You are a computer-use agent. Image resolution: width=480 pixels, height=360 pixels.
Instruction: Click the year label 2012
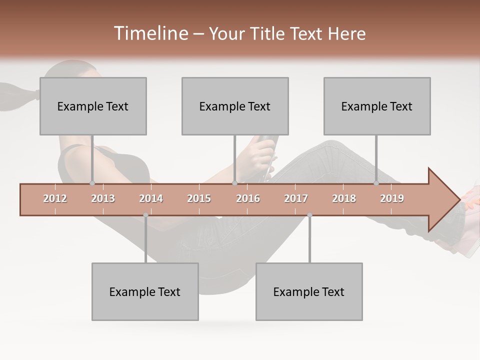point(55,198)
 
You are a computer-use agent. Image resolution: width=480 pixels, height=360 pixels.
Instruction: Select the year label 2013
point(103,198)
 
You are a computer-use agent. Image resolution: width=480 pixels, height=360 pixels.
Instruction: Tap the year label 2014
point(151,198)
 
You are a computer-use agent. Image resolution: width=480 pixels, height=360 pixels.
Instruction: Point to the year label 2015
point(199,198)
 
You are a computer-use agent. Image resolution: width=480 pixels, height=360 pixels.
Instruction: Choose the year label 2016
point(248,198)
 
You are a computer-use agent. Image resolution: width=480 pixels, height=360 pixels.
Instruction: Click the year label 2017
point(296,198)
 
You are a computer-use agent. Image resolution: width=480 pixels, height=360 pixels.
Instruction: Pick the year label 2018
point(344,198)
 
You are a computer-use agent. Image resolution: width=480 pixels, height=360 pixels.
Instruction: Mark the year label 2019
point(392,198)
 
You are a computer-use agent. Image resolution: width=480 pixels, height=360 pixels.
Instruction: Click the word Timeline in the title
point(150,33)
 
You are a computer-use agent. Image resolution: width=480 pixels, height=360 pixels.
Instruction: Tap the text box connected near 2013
point(93,106)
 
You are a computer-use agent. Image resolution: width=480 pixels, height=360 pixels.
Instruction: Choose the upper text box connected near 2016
point(235,106)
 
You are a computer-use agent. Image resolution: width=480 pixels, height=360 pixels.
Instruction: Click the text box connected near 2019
point(377,106)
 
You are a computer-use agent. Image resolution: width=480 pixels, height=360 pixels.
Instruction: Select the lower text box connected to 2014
point(145,291)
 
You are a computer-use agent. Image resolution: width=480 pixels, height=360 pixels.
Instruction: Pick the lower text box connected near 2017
point(309,291)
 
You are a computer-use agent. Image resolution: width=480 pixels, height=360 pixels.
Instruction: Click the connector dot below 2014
point(145,215)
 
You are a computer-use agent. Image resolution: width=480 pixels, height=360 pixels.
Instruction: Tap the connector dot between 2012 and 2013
point(92,183)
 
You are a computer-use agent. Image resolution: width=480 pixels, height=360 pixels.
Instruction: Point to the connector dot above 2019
point(376,183)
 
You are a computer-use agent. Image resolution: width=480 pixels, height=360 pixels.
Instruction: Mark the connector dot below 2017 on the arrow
point(309,215)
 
